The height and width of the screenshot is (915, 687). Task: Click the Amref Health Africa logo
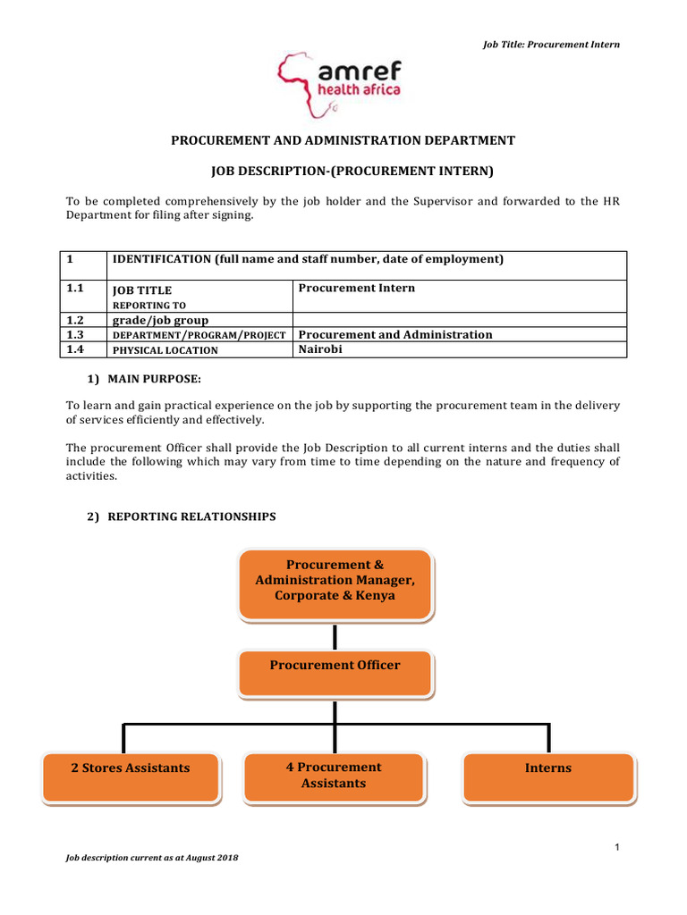(x=339, y=86)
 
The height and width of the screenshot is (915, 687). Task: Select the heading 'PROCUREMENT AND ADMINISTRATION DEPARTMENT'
(x=343, y=140)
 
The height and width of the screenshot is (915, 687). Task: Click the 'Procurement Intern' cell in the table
(x=356, y=288)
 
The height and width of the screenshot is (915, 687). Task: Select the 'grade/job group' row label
(x=160, y=320)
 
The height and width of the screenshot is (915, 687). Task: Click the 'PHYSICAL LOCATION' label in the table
(x=165, y=350)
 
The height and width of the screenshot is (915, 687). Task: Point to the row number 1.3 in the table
(x=76, y=334)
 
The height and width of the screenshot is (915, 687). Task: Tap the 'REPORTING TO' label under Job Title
(x=148, y=305)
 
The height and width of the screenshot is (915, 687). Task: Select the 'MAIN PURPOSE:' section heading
(x=148, y=380)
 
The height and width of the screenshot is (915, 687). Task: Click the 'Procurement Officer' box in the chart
(x=335, y=666)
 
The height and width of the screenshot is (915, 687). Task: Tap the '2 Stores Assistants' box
(x=131, y=768)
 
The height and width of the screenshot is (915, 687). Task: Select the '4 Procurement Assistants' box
(x=333, y=775)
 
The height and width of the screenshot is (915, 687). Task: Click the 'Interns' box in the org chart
(x=547, y=768)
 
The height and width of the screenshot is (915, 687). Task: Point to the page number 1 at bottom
(x=617, y=847)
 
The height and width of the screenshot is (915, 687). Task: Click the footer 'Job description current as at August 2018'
(x=152, y=858)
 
